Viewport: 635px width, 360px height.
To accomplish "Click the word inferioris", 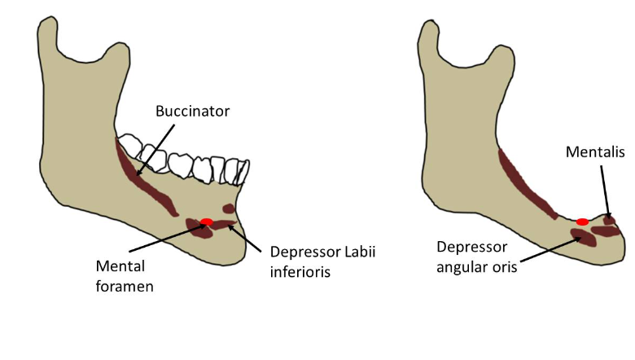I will coord(300,272).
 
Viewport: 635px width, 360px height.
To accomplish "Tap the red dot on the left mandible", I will coord(207,222).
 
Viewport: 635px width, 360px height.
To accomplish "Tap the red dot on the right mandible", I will coord(582,222).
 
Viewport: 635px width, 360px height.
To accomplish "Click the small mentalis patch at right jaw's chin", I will coord(609,220).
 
